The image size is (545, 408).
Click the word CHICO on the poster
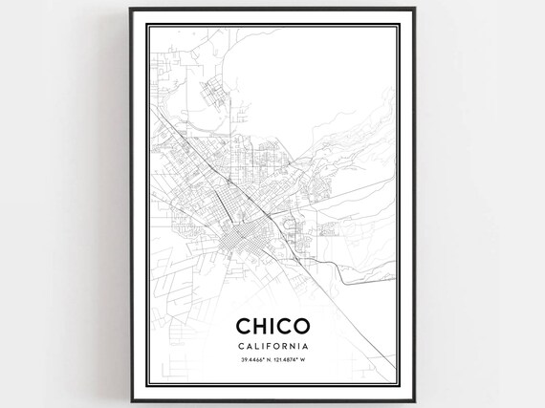tap(272, 327)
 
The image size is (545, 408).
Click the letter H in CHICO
tap(259, 327)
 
